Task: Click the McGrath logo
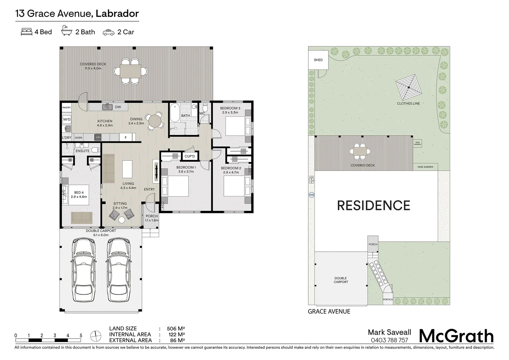point(456,336)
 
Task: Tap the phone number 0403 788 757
point(389,340)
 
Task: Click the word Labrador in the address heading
point(117,14)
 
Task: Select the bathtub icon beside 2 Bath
point(67,32)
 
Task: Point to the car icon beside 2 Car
point(109,32)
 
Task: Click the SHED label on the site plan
point(318,60)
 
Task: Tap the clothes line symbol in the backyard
point(408,87)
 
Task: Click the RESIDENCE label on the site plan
point(373,206)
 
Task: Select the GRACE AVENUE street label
point(329,312)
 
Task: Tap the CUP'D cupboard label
point(190,156)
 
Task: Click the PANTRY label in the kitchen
point(67,108)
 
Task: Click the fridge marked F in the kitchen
point(126,137)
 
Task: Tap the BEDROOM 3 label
point(230,108)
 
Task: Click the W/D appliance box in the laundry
point(67,119)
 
